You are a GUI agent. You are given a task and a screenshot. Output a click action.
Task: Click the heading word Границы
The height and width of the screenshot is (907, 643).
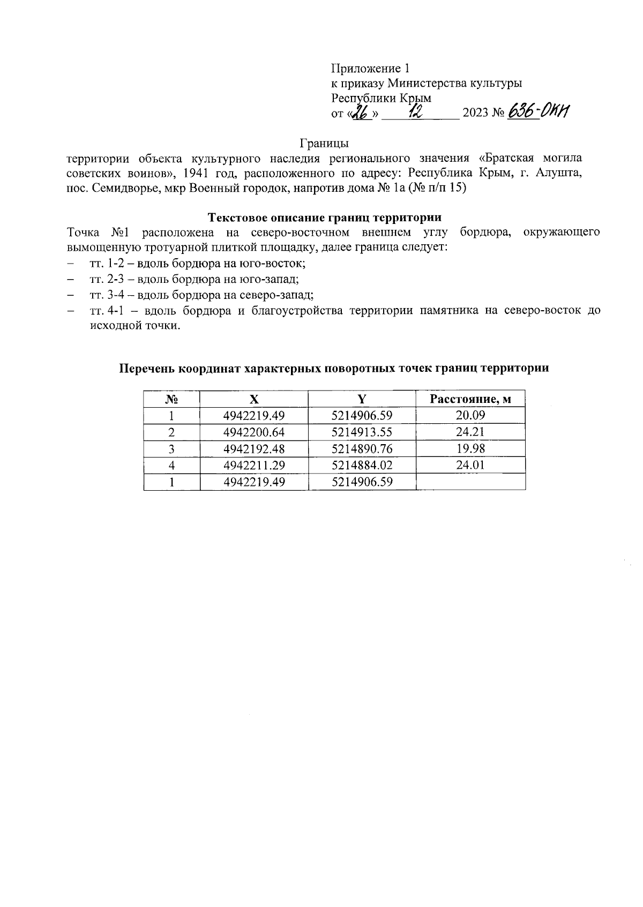pos(324,144)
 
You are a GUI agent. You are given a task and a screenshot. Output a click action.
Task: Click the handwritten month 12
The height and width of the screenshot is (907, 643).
pos(414,111)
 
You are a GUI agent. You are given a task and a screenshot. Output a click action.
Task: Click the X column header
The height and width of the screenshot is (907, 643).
pos(253,399)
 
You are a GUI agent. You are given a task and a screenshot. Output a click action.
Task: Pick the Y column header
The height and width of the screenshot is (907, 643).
pos(362,399)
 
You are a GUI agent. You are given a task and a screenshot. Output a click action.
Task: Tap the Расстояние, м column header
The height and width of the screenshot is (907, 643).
pos(470,399)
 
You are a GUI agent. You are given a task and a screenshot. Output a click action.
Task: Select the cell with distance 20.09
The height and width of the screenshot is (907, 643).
pos(470,415)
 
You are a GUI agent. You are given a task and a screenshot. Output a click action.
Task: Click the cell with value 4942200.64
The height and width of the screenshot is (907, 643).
pos(253,432)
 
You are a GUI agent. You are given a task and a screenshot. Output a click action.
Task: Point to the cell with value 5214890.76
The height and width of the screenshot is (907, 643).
pos(362,448)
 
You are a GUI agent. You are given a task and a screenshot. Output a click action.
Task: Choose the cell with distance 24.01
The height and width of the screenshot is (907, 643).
pos(470,465)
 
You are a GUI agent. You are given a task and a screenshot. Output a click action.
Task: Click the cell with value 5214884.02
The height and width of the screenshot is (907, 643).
pos(362,465)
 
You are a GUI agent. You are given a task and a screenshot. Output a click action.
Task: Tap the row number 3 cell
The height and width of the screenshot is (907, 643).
pos(171,448)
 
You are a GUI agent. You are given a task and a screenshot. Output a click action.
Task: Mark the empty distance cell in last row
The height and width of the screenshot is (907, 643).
pos(470,482)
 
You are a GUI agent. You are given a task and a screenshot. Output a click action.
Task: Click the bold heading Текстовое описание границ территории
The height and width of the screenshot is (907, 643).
pos(324,217)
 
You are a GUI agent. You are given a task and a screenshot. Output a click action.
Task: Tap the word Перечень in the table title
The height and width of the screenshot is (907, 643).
pos(146,369)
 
